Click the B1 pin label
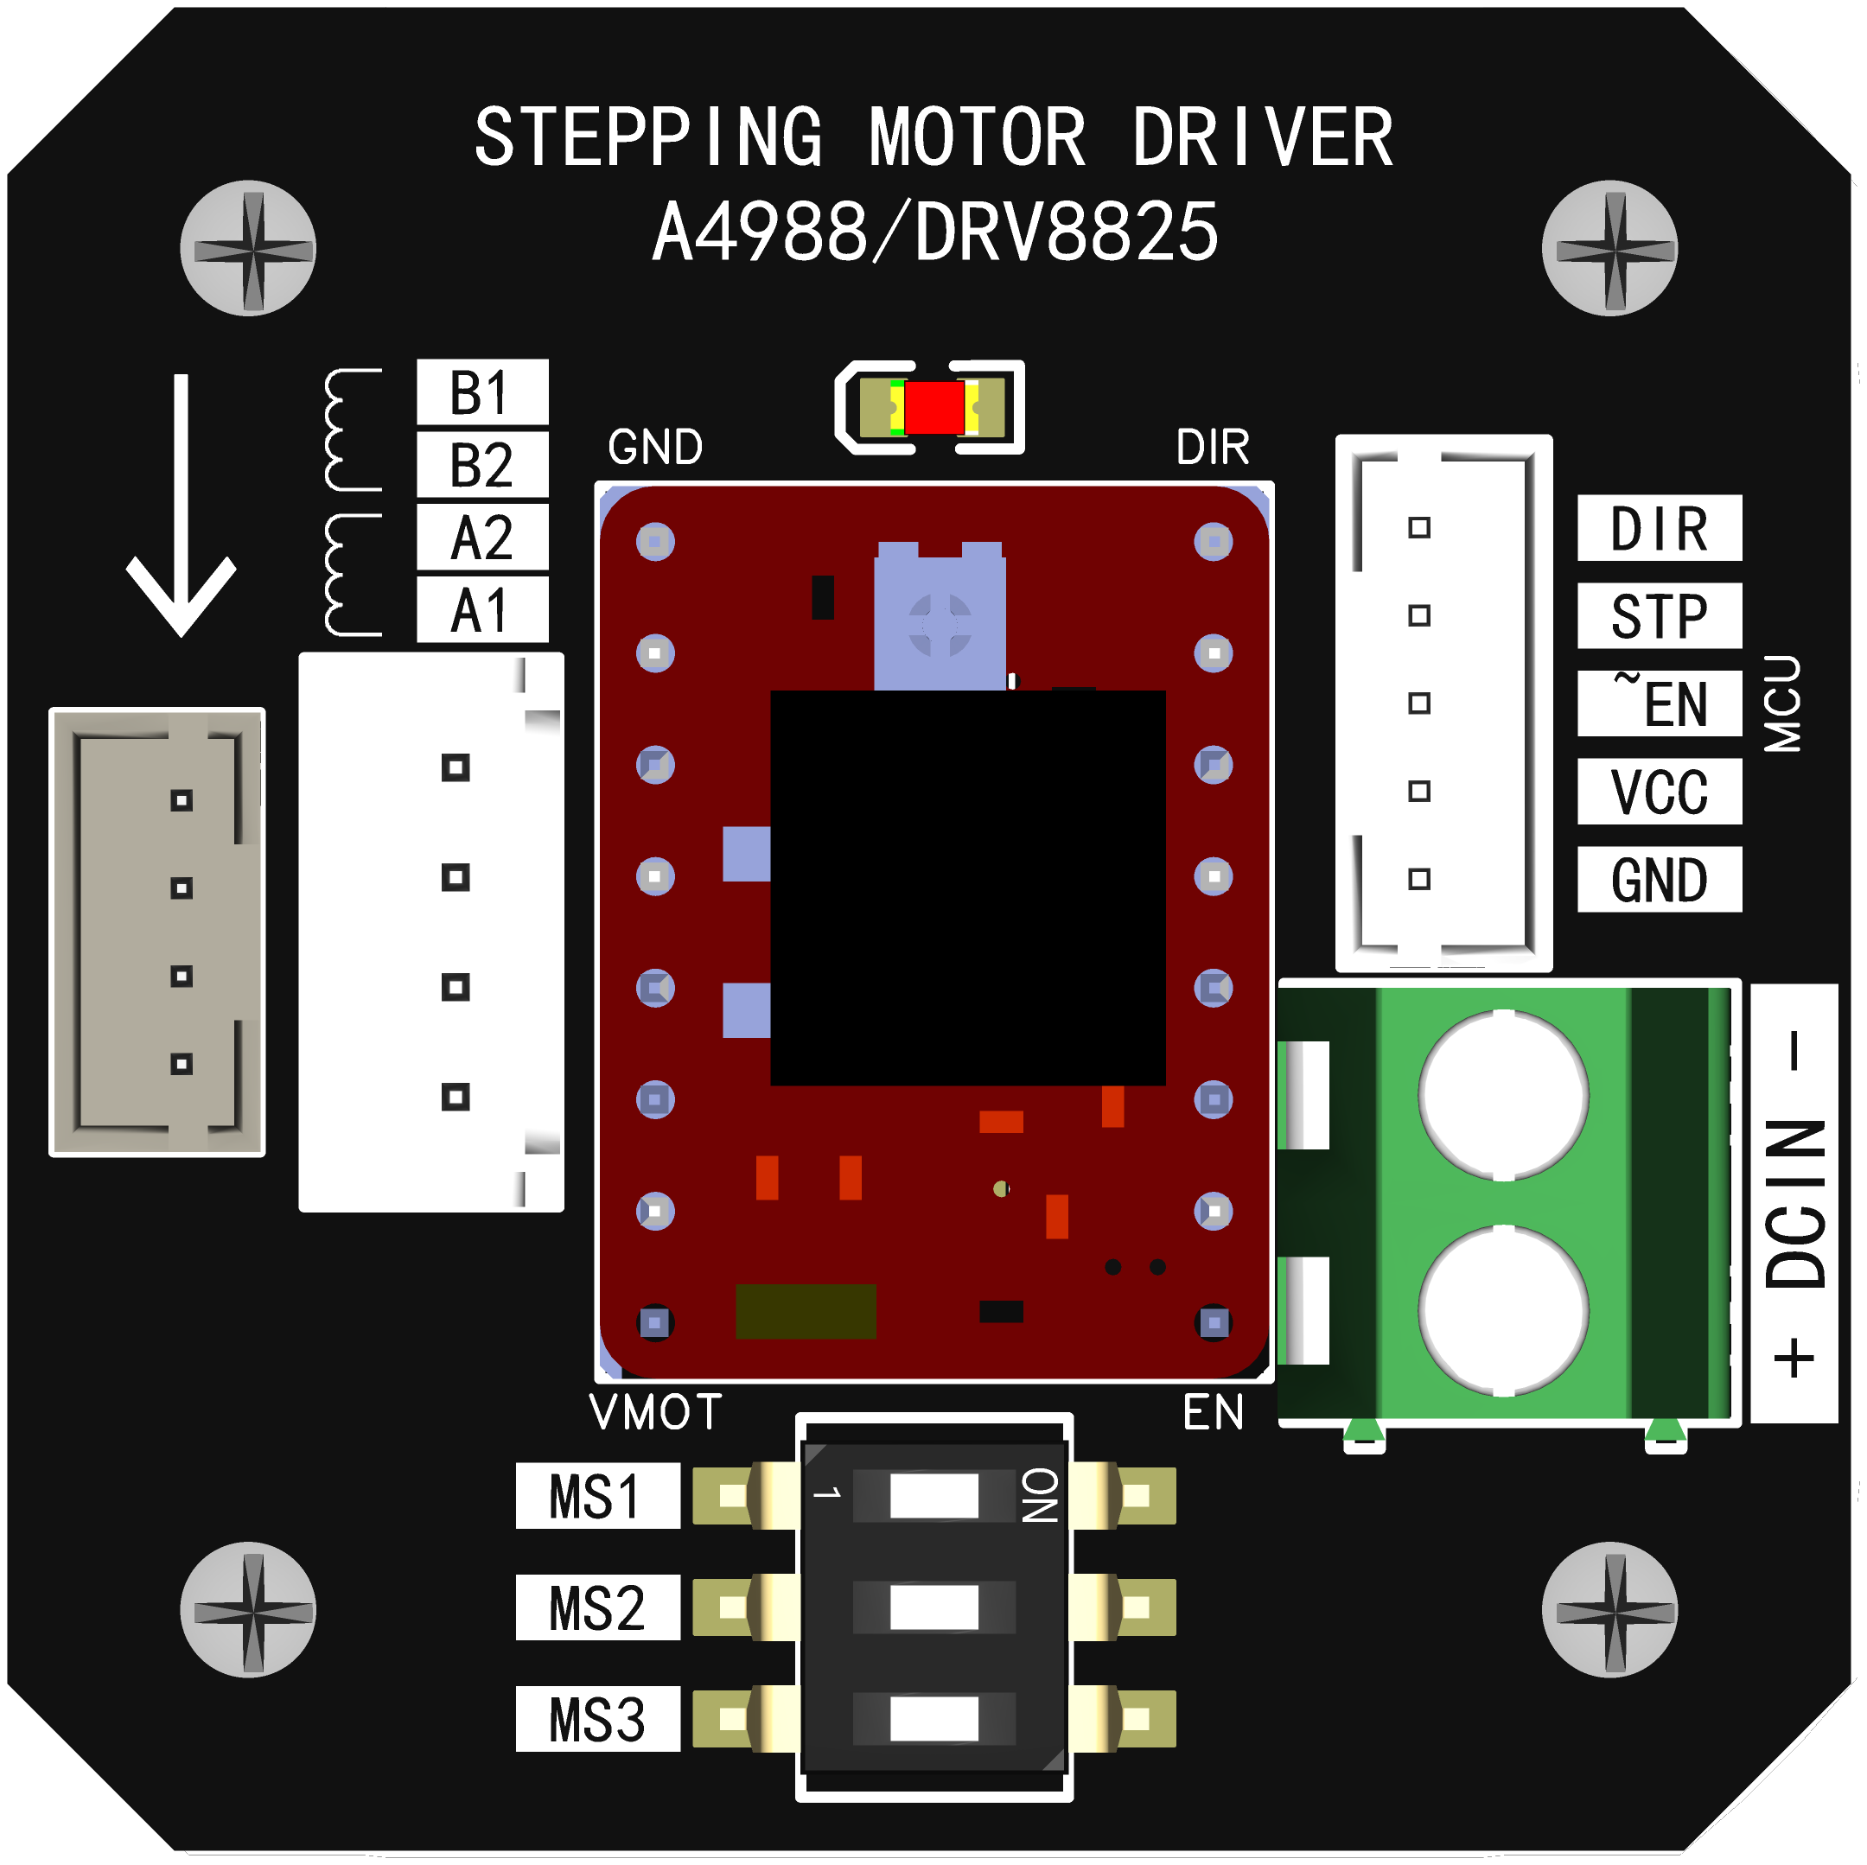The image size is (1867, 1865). tap(481, 392)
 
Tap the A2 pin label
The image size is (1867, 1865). tap(481, 538)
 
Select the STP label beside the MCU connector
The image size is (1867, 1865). tap(1659, 615)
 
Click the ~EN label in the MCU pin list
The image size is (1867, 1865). tap(1659, 703)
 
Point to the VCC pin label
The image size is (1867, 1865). tap(1659, 791)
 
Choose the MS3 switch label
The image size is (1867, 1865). tap(596, 1719)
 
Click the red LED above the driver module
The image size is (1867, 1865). tap(933, 408)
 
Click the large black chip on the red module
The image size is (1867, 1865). tap(967, 887)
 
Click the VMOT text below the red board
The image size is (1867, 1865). tap(655, 1413)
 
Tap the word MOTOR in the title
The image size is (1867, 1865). tap(977, 138)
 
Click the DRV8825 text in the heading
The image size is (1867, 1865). tap(1066, 232)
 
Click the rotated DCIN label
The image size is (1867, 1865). tap(1794, 1203)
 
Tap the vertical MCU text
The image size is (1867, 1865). tap(1782, 703)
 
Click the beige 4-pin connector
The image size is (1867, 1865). tap(157, 932)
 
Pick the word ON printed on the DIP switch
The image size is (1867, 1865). tap(1041, 1496)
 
